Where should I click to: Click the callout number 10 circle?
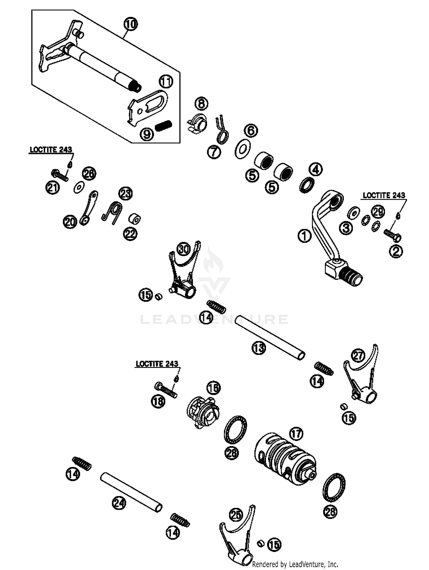pos(130,24)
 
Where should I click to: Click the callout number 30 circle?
pos(184,249)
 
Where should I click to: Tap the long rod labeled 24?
pos(131,492)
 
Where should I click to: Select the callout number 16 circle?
pos(214,388)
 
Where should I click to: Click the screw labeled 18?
pos(166,390)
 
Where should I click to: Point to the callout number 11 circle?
pos(166,82)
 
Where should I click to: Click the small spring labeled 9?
pos(163,125)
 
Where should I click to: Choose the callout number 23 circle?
pos(126,194)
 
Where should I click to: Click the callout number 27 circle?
pos(358,356)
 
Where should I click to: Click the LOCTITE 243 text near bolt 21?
pos(51,149)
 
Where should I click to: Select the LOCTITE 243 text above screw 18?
pos(157,364)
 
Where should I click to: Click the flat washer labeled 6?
pos(243,148)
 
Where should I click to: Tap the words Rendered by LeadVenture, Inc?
pos(295,564)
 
